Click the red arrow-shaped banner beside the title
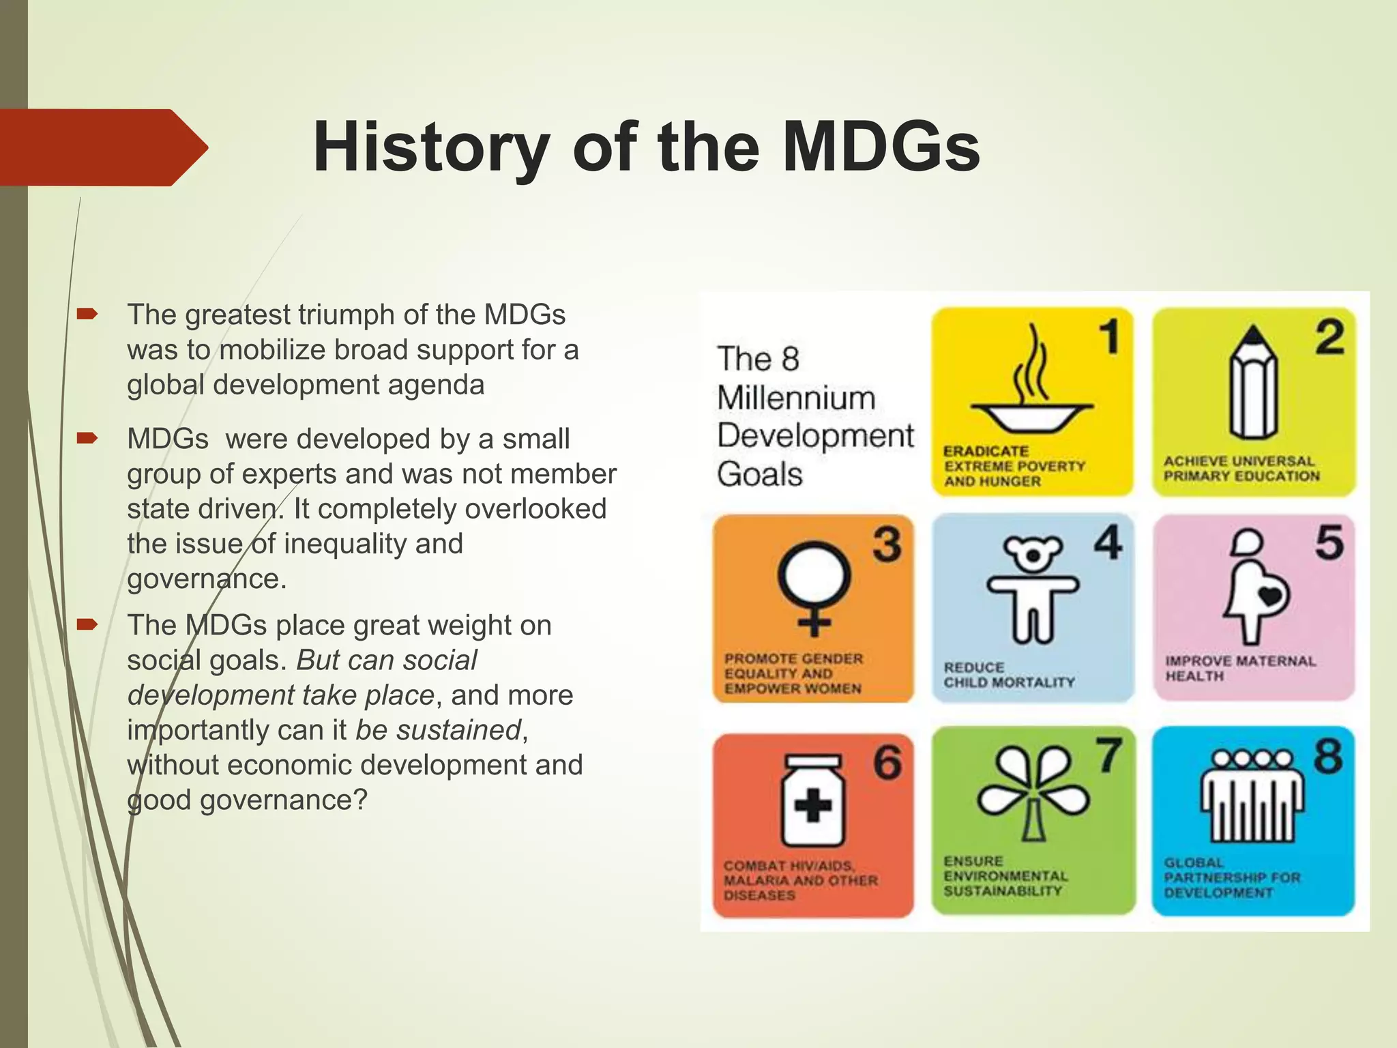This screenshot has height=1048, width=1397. click(x=102, y=147)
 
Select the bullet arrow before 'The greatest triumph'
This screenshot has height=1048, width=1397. click(x=87, y=315)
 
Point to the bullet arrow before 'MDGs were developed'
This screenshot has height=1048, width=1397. click(x=87, y=438)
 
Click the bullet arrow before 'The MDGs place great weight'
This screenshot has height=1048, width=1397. click(x=87, y=624)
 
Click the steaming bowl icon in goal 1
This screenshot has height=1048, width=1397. click(x=1031, y=389)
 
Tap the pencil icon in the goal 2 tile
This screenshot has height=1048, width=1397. click(x=1254, y=385)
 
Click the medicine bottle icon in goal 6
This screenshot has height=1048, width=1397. click(x=812, y=802)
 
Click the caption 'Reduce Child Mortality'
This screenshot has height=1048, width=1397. click(x=1009, y=675)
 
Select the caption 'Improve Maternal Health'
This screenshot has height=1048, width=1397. click(x=1239, y=669)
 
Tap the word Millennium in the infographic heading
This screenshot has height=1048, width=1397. click(x=796, y=398)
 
